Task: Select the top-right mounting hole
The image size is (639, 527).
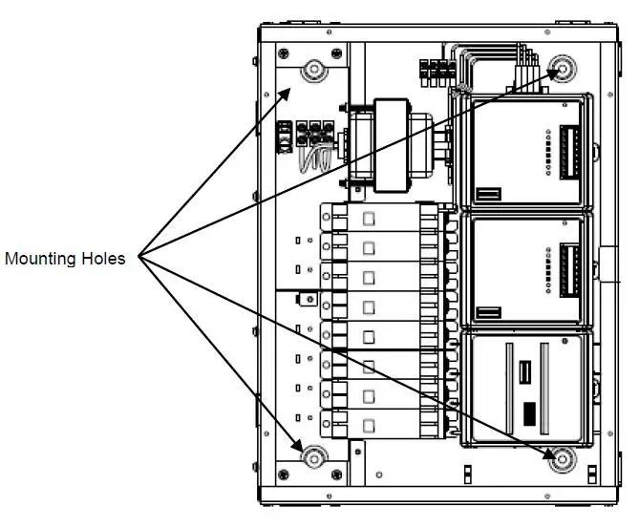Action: [564, 70]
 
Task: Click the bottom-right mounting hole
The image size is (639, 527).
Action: [563, 459]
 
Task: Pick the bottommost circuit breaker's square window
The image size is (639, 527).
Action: [368, 420]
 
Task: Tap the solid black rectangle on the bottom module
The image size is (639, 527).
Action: [527, 413]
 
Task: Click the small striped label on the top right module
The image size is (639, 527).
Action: [488, 195]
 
